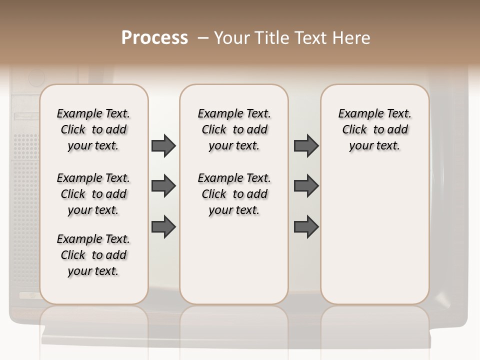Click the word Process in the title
point(154,38)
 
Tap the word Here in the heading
point(352,38)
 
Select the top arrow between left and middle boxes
point(163,145)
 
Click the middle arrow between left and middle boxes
point(163,186)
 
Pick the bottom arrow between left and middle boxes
point(163,226)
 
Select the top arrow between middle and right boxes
point(306,145)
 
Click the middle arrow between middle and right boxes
point(306,186)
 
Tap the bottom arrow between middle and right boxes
point(306,226)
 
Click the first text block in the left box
point(93,129)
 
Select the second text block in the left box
point(93,194)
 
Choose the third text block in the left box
point(93,255)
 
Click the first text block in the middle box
point(234,129)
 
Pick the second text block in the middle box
point(234,194)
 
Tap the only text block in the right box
point(374,129)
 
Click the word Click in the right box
point(354,130)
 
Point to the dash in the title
point(202,38)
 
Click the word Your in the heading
point(232,38)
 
